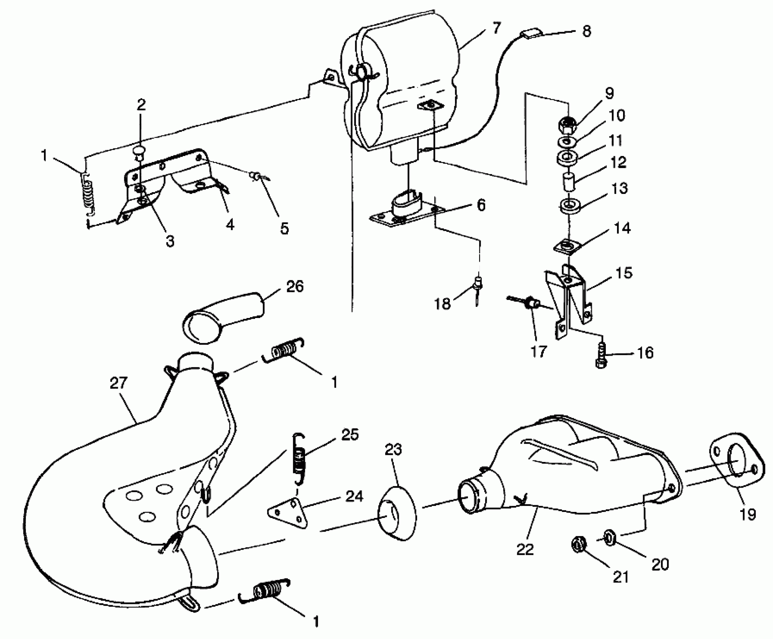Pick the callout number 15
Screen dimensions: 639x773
click(x=624, y=273)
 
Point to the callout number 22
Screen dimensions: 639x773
click(x=525, y=550)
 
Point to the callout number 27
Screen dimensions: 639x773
click(x=119, y=383)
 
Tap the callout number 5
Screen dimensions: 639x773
click(x=284, y=228)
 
